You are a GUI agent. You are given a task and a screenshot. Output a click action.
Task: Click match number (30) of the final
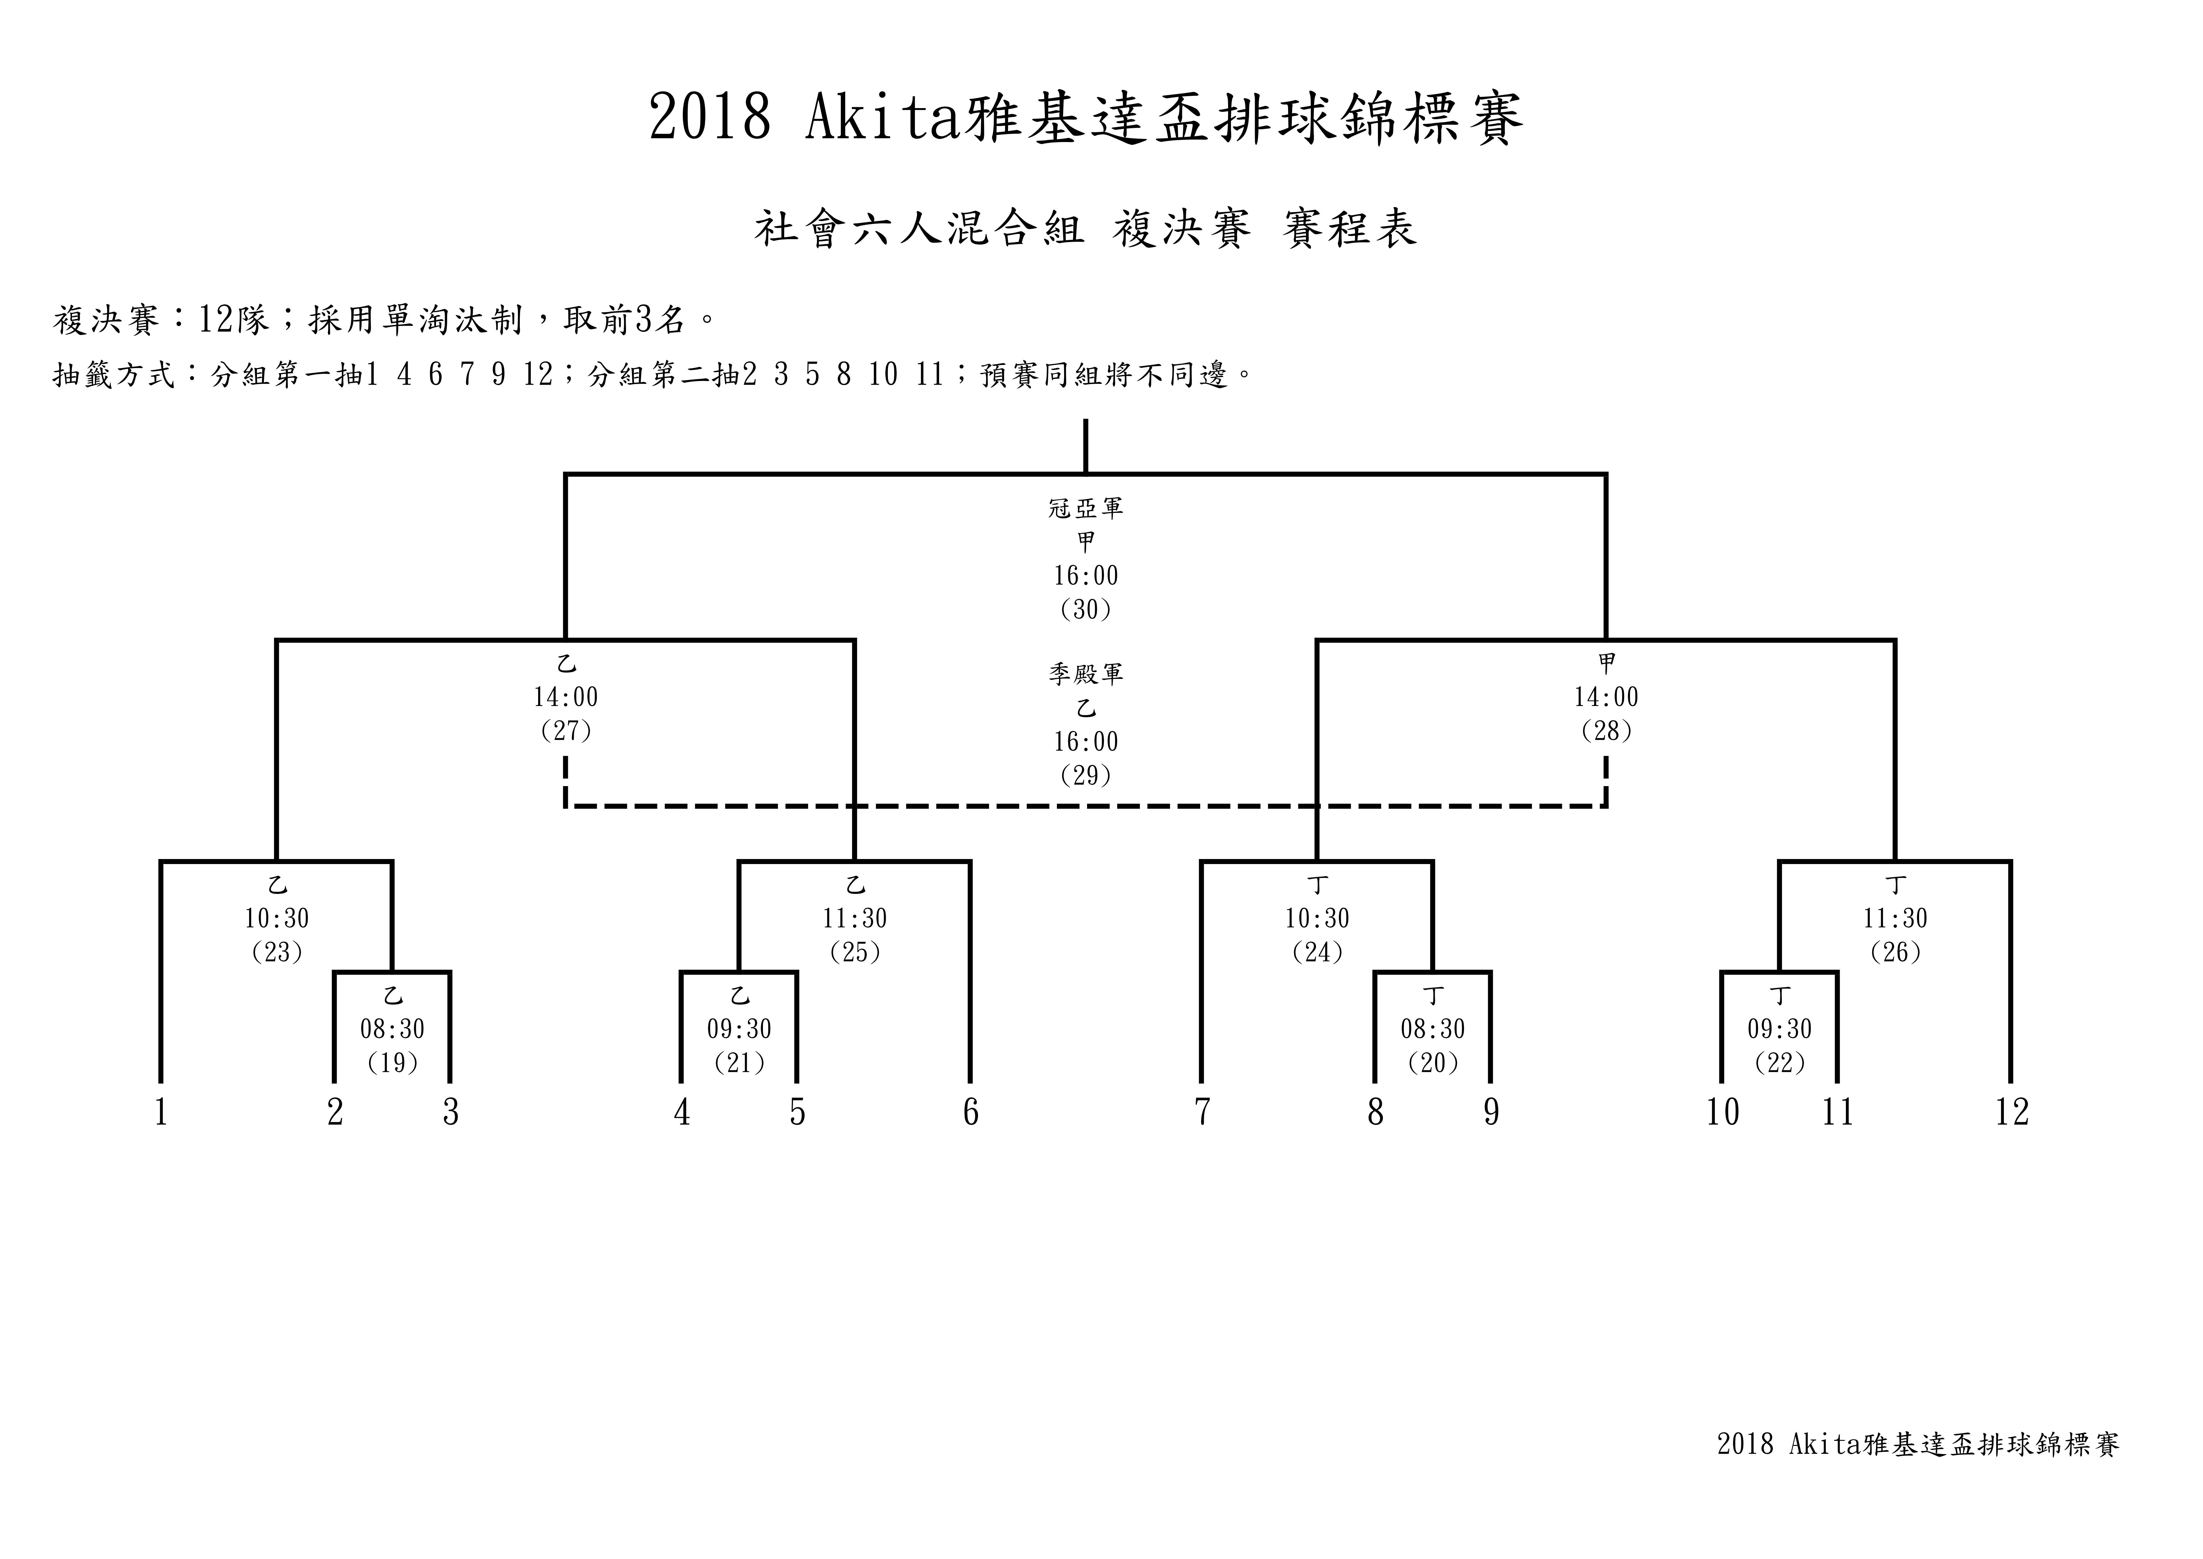click(x=1086, y=609)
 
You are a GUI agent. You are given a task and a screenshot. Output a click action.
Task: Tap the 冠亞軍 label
click(x=1086, y=508)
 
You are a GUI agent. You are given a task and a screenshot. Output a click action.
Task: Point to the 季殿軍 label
click(x=1086, y=674)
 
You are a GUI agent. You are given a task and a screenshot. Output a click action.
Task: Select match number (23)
click(x=277, y=952)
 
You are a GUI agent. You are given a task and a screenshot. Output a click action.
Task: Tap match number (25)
click(x=855, y=952)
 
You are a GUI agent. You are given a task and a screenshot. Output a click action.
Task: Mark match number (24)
click(x=1317, y=952)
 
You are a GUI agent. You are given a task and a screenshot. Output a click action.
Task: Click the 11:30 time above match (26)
click(x=1896, y=919)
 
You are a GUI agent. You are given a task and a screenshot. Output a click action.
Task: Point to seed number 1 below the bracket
click(x=161, y=1113)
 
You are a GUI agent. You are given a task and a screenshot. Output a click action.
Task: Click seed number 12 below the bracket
click(x=2012, y=1113)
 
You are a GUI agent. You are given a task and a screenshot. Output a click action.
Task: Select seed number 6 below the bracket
click(x=971, y=1113)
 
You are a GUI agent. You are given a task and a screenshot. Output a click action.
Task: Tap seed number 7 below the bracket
click(x=1202, y=1113)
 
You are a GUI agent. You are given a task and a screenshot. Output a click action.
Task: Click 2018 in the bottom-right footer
click(x=1745, y=1472)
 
